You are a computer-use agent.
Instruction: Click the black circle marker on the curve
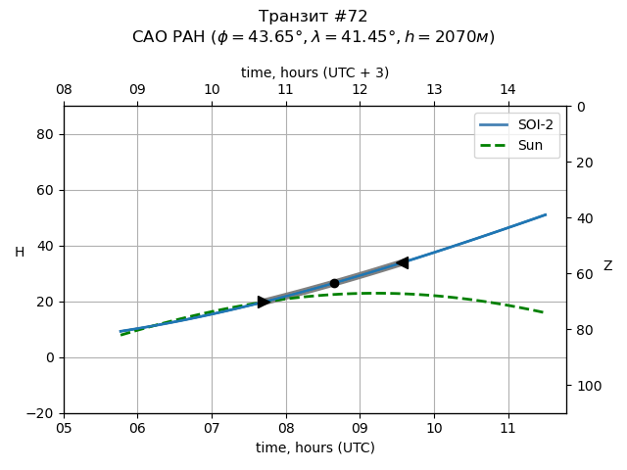click(x=334, y=283)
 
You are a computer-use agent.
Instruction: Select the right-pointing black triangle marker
click(x=264, y=302)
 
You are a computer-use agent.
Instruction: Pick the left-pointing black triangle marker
click(x=402, y=262)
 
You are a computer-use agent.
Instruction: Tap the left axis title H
click(x=20, y=253)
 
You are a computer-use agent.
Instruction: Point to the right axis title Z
click(x=607, y=266)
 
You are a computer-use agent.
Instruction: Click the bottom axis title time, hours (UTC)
click(x=315, y=447)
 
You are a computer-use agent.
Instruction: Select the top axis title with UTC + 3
click(x=315, y=72)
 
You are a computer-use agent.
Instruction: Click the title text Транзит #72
click(x=313, y=17)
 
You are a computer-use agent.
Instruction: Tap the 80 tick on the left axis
click(x=44, y=134)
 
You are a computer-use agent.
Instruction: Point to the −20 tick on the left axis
click(x=40, y=413)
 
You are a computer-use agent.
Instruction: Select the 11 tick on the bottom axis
click(x=507, y=428)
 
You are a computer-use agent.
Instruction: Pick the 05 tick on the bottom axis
click(x=64, y=428)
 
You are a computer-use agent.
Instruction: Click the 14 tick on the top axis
click(x=507, y=90)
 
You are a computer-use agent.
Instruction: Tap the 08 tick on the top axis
click(x=64, y=90)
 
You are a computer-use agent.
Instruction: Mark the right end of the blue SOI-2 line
click(x=546, y=214)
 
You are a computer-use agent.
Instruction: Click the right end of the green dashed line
click(x=545, y=312)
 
